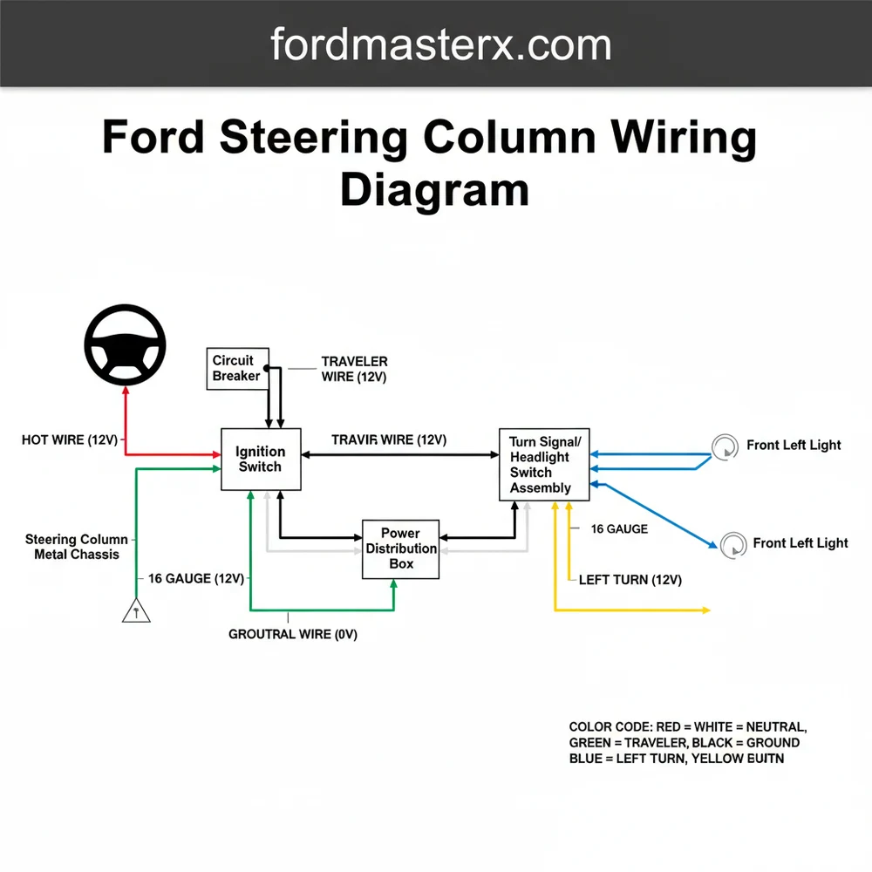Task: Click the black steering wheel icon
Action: tap(126, 346)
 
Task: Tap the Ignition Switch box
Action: tap(261, 459)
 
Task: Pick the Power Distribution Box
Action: tap(401, 548)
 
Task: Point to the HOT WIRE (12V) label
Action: tap(69, 440)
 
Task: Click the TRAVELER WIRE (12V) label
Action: tap(354, 369)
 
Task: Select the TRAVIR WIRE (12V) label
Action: tap(389, 440)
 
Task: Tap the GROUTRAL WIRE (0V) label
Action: tap(293, 635)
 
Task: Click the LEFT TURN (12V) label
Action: tap(630, 580)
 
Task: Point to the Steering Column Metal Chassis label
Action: tap(77, 547)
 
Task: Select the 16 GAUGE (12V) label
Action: tap(196, 579)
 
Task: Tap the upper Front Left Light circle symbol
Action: tap(725, 447)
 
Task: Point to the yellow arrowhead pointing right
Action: tap(705, 610)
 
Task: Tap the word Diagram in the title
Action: tap(434, 190)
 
